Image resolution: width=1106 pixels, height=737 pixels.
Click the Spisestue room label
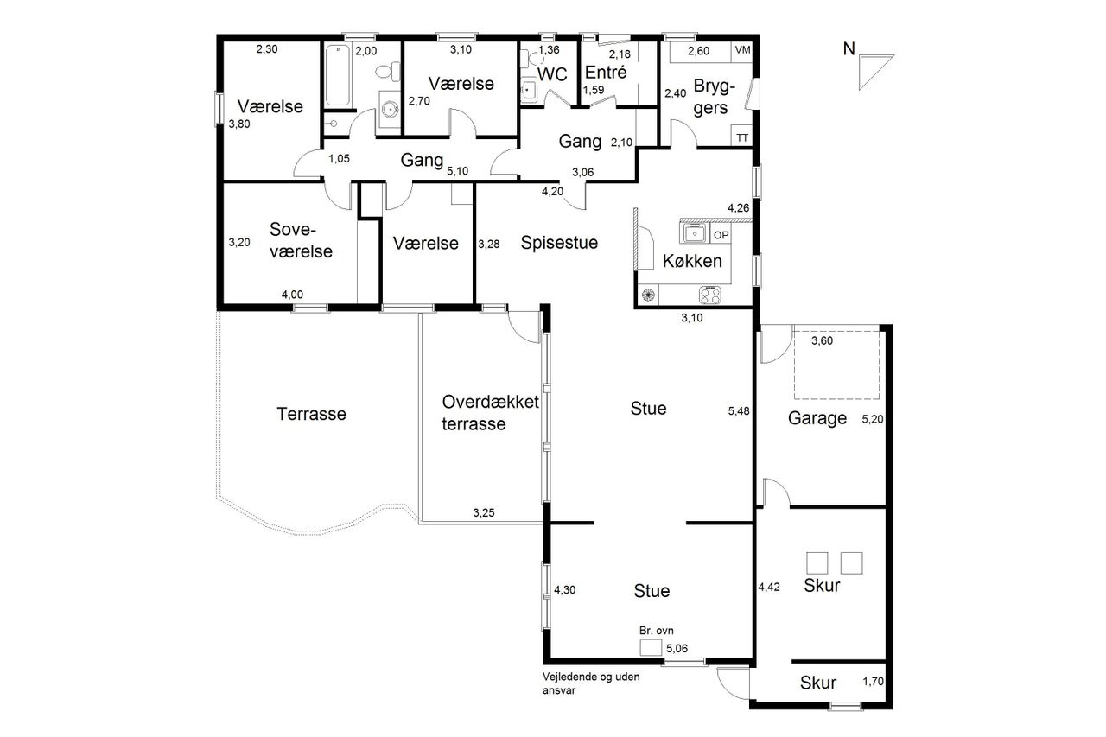559,243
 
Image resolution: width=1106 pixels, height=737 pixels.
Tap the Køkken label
692,261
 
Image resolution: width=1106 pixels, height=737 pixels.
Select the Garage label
817,418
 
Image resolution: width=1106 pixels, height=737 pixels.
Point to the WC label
552,74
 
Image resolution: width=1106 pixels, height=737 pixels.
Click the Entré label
606,72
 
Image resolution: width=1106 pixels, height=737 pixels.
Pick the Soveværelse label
301,240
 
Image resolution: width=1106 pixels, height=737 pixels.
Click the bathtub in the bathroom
338,75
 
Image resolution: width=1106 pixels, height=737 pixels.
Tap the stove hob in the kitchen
710,295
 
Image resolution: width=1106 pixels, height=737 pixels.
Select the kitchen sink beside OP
694,232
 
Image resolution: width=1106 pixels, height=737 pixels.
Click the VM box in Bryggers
742,50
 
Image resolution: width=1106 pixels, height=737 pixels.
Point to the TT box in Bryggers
742,137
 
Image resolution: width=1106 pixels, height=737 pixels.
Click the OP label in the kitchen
721,235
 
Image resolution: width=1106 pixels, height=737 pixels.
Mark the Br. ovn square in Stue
651,647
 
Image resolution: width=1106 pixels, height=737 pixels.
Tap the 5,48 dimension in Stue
739,410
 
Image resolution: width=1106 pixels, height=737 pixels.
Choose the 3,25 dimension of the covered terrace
483,512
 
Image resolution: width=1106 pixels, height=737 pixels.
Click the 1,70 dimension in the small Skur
873,681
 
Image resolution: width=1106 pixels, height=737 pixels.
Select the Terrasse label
311,414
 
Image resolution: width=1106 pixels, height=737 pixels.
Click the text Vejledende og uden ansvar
591,683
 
